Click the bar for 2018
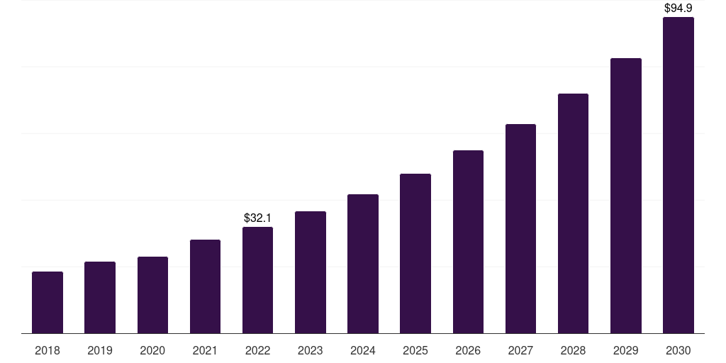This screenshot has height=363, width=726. (48, 303)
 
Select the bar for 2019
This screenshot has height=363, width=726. (100, 298)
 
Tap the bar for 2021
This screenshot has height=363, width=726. (205, 286)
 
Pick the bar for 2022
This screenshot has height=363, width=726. (257, 280)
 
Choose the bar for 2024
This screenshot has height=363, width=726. (363, 264)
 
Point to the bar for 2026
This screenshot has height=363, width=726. (468, 242)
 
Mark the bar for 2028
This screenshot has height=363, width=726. (573, 213)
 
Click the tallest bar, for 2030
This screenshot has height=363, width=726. (678, 175)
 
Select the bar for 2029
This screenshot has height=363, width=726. (625, 196)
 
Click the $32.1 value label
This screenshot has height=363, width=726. (257, 218)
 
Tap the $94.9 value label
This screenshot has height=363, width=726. (678, 9)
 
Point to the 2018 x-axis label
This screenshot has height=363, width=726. (48, 350)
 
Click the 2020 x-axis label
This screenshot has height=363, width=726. (152, 350)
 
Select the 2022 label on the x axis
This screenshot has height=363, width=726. (257, 350)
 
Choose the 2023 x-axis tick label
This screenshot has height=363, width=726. (310, 350)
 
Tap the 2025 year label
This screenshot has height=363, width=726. (415, 350)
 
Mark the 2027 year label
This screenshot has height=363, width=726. (520, 350)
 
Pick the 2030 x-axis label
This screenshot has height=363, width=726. (678, 350)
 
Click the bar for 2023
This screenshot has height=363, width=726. (310, 272)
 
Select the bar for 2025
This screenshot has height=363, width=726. (415, 253)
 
